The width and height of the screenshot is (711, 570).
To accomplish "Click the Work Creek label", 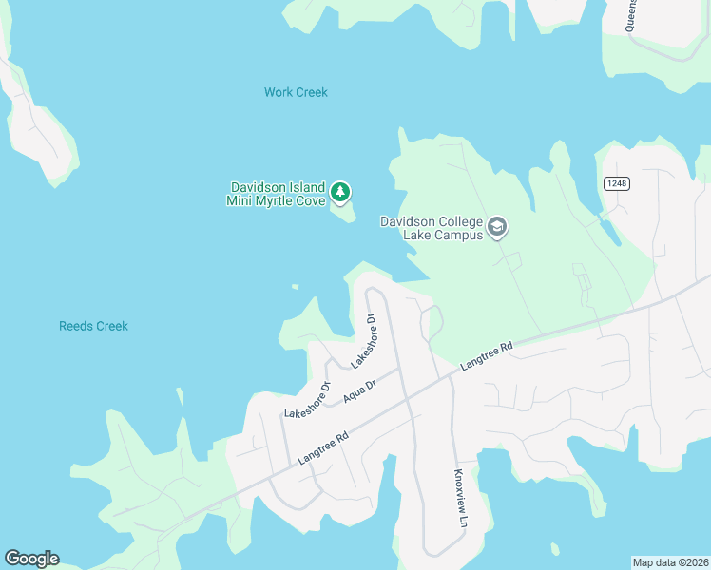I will [x=296, y=92].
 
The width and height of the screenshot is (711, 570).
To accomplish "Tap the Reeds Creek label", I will [x=93, y=326].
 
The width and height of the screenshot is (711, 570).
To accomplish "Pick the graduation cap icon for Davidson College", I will [x=496, y=227].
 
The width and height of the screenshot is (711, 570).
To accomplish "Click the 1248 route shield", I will [x=617, y=182].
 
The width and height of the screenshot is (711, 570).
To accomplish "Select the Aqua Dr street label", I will [x=360, y=390].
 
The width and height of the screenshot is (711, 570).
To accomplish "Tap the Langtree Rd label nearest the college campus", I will [x=486, y=357].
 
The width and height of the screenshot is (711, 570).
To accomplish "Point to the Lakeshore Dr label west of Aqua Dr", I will [x=306, y=400].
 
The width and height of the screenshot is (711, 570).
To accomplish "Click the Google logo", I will [x=31, y=559].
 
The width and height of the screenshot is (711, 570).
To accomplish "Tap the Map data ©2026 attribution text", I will [x=669, y=561].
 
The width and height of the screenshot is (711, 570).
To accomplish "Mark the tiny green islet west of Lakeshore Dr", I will [x=295, y=286].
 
